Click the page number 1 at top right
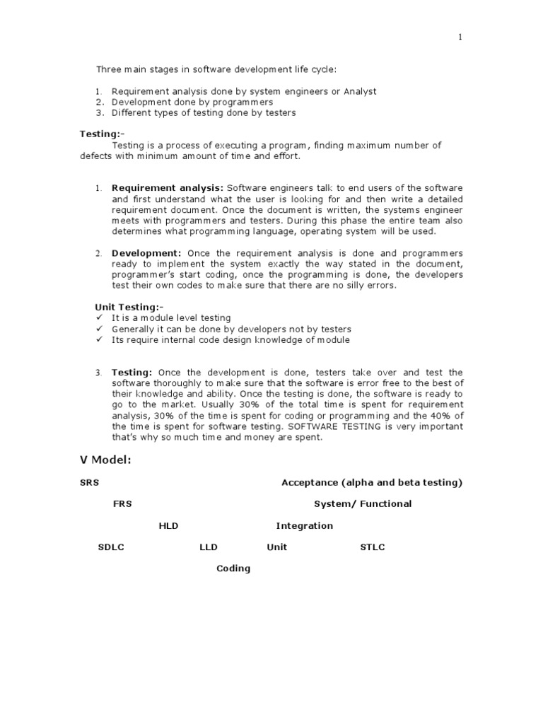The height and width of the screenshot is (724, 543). pyautogui.click(x=460, y=38)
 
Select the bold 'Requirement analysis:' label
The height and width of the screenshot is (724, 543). pyautogui.click(x=168, y=188)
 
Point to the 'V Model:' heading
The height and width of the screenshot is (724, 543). pyautogui.click(x=105, y=460)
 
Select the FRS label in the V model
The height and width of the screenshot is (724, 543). pyautogui.click(x=122, y=504)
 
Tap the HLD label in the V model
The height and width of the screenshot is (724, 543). pyautogui.click(x=169, y=526)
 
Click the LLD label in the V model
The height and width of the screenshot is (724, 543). pyautogui.click(x=209, y=547)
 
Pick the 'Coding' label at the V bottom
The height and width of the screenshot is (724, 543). pyautogui.click(x=233, y=568)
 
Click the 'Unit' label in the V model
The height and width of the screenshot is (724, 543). pyautogui.click(x=277, y=547)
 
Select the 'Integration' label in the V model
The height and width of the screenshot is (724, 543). pyautogui.click(x=304, y=526)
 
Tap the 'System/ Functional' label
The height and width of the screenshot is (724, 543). pyautogui.click(x=363, y=504)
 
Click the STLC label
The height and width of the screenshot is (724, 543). pyautogui.click(x=373, y=547)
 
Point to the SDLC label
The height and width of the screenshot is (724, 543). pyautogui.click(x=111, y=547)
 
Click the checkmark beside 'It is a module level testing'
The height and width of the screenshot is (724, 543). pyautogui.click(x=99, y=318)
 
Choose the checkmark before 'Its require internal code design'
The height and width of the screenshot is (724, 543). pyautogui.click(x=99, y=340)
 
